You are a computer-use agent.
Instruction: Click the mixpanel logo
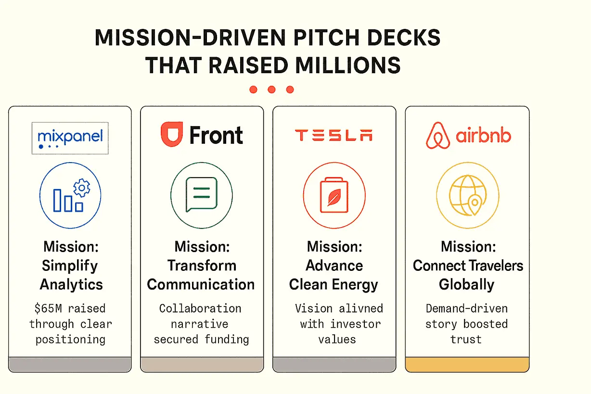70,138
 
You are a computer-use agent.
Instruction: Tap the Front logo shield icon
171,134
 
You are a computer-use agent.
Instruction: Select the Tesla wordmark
334,136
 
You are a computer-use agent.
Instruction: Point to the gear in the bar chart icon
82,187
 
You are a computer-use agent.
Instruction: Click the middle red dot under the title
271,89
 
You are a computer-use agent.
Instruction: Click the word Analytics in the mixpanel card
71,284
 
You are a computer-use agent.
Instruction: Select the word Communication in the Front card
201,284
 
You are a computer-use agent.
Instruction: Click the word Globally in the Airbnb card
466,284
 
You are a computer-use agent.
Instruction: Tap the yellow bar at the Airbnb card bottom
467,364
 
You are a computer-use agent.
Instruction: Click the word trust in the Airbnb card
466,339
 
